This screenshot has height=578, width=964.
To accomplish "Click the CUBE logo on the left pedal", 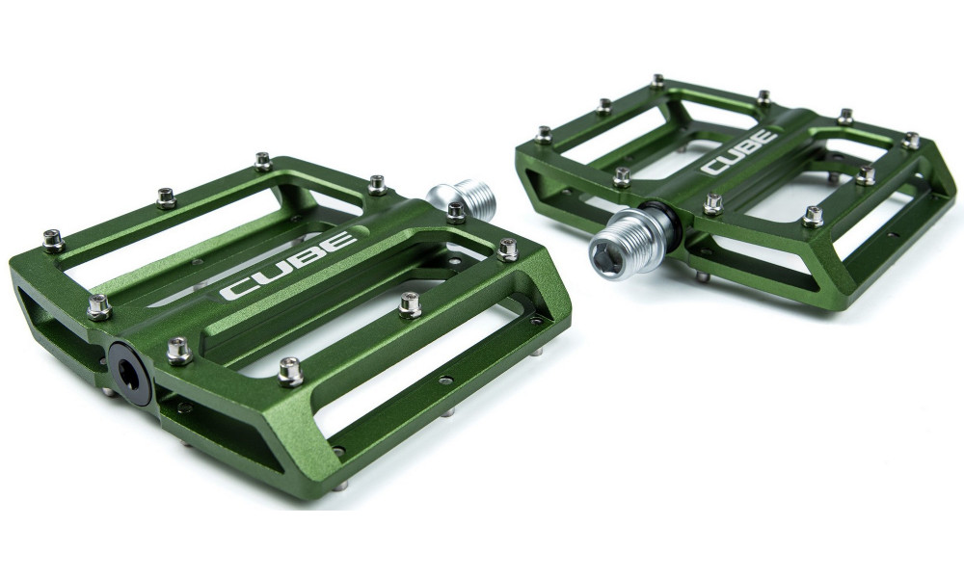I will (x=287, y=266).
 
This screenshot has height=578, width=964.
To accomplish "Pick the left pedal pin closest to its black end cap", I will (x=178, y=350).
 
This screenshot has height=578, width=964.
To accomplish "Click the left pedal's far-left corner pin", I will (x=53, y=239).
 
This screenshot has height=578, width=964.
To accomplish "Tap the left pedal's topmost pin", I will (x=263, y=161).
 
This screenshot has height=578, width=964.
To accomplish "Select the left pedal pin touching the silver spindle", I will (x=456, y=212).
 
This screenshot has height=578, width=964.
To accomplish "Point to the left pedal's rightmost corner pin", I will (x=507, y=250).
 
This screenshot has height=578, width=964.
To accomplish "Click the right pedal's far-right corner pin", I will (x=910, y=141).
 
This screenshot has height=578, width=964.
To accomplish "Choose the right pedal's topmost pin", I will (x=656, y=80).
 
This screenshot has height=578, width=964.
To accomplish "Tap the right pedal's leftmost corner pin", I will (x=544, y=134).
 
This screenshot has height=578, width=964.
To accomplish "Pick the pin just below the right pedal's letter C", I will (x=713, y=203).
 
